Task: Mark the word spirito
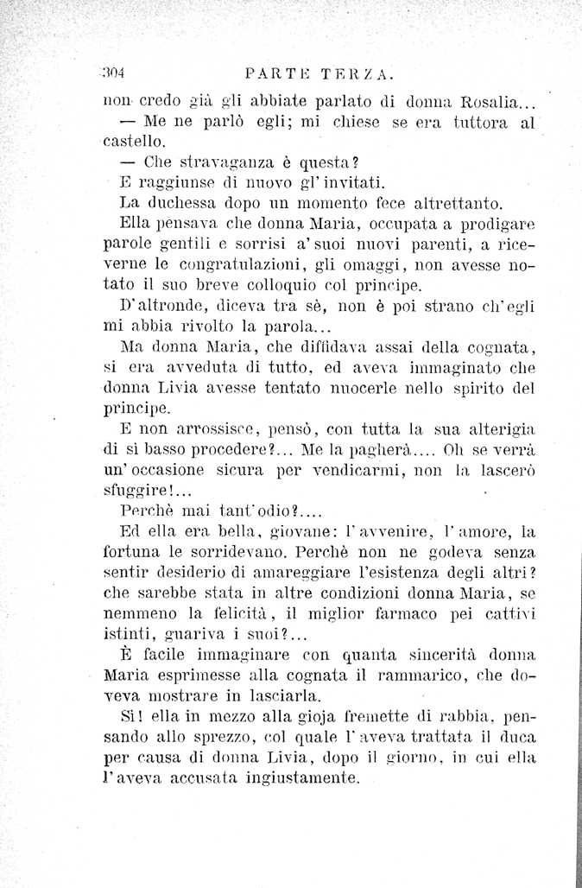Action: [x=485, y=390]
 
